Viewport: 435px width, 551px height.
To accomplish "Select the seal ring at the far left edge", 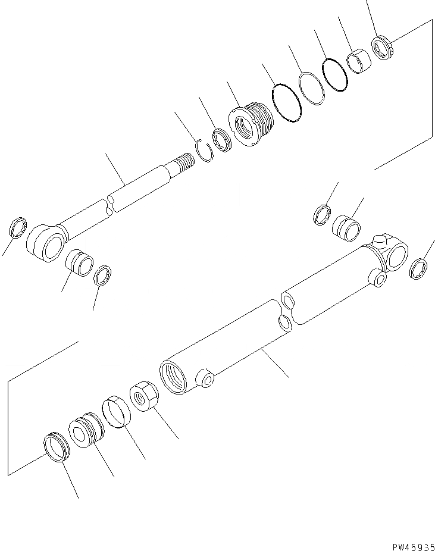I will (18, 227).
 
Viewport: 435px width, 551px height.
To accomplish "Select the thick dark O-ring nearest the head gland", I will (286, 105).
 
